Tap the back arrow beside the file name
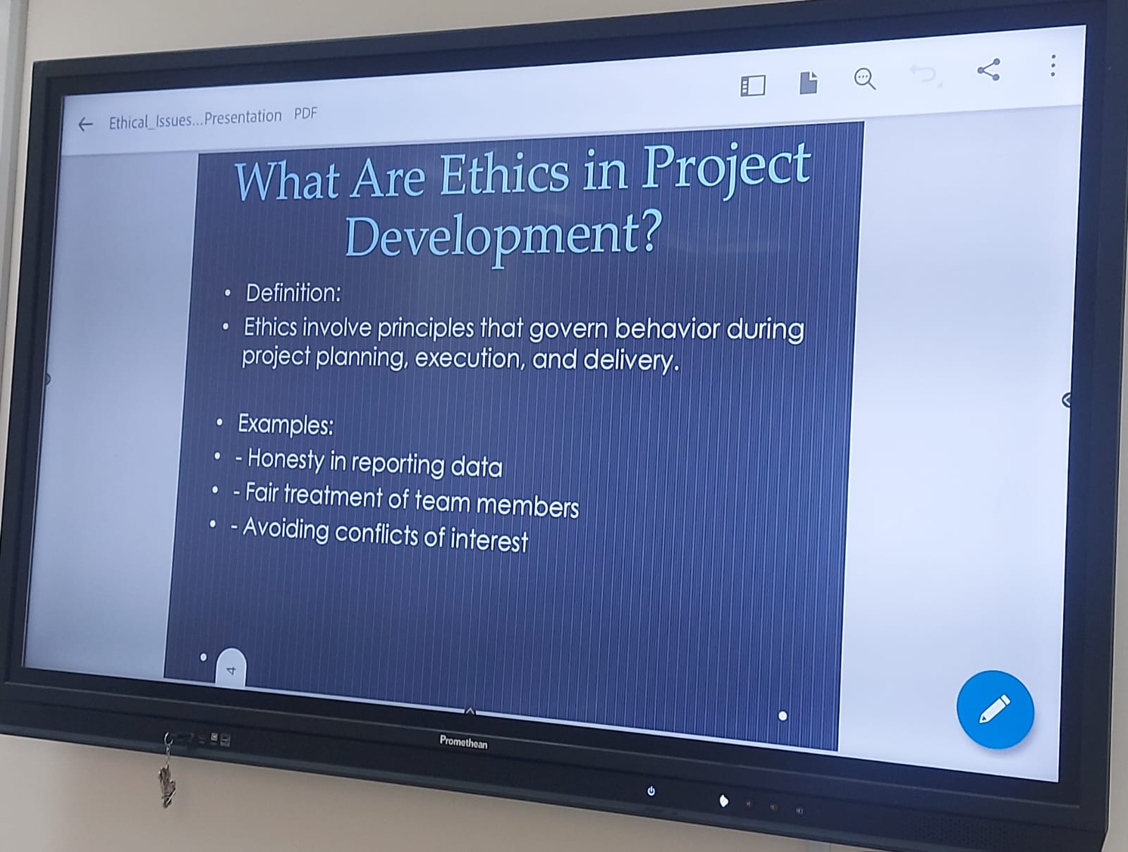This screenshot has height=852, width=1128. [85, 124]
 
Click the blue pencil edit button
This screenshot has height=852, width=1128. [995, 709]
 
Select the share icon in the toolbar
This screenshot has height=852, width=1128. [988, 70]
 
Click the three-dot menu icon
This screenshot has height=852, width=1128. [1053, 66]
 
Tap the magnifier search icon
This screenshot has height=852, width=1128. [865, 80]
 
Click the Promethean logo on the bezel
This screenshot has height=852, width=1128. [463, 741]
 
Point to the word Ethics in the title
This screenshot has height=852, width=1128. [504, 175]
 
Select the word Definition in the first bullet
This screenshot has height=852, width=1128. [291, 293]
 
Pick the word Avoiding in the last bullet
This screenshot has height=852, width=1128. [286, 529]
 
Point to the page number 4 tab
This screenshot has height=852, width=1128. [231, 667]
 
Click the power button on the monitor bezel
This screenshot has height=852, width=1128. [651, 791]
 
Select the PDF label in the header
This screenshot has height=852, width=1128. [305, 113]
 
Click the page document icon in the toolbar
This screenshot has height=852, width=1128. [809, 82]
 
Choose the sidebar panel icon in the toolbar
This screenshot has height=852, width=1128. [753, 86]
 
